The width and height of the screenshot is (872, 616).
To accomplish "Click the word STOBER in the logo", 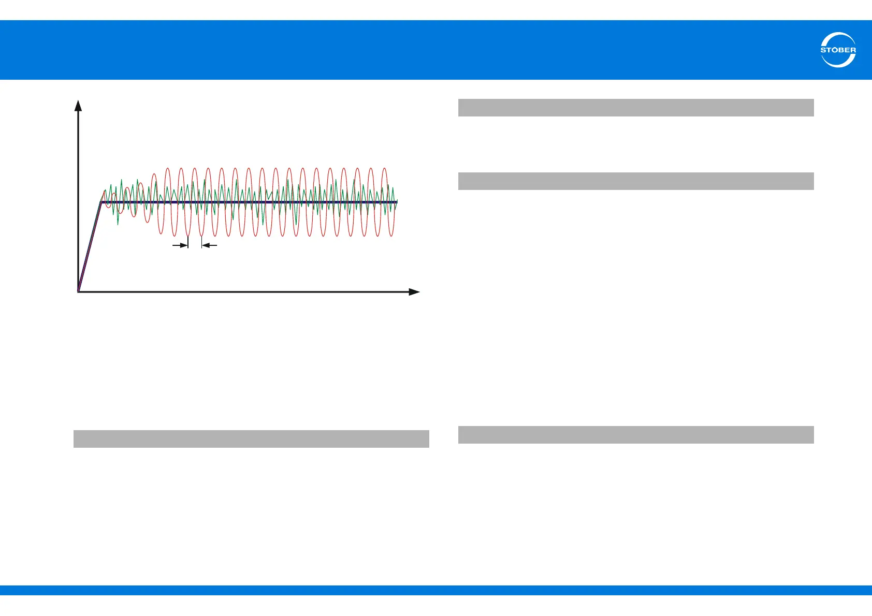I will (838, 50).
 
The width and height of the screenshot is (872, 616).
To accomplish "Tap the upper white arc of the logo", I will (838, 36).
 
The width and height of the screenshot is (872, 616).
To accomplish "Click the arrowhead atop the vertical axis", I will (78, 106).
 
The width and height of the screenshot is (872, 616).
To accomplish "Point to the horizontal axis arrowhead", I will (414, 292).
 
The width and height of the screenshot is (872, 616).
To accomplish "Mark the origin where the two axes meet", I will (78, 292).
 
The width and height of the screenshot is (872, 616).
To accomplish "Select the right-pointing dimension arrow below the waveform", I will (180, 245).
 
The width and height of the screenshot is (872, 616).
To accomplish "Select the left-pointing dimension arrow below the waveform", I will (209, 245).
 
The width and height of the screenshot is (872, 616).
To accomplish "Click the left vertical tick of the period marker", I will (188, 242).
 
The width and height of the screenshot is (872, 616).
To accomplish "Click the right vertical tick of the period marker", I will (201, 242).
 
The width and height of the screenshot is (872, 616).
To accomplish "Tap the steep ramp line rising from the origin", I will (90, 247).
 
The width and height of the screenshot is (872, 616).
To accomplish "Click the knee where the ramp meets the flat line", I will (101, 202).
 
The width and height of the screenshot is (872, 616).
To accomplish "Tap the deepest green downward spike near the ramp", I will (118, 224).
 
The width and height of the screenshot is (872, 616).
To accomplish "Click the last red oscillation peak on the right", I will (384, 169).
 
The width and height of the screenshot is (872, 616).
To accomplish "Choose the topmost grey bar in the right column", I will (636, 108).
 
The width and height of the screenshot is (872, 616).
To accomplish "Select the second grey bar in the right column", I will (636, 181).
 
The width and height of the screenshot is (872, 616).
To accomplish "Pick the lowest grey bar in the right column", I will (636, 435).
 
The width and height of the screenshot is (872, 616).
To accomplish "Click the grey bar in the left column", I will (251, 439).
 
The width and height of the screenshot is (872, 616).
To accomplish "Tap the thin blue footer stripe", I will (436, 590).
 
